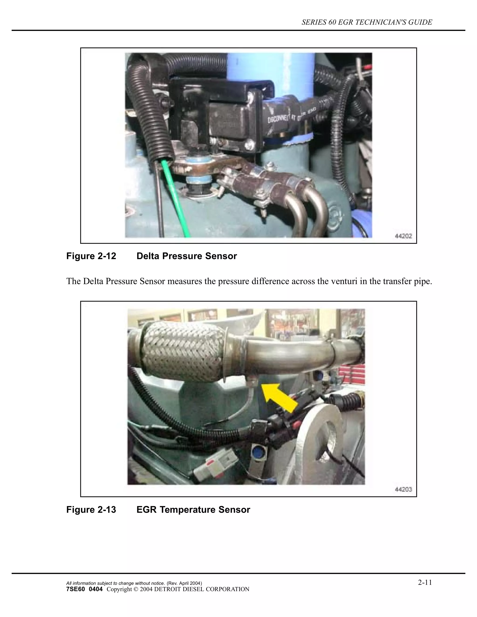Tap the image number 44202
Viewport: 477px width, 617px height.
tap(403, 236)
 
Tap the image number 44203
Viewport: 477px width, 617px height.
tap(403, 490)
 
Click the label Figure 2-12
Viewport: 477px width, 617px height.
tap(91, 256)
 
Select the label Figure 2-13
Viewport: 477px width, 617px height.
tap(91, 510)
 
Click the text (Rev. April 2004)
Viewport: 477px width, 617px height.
tap(184, 583)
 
